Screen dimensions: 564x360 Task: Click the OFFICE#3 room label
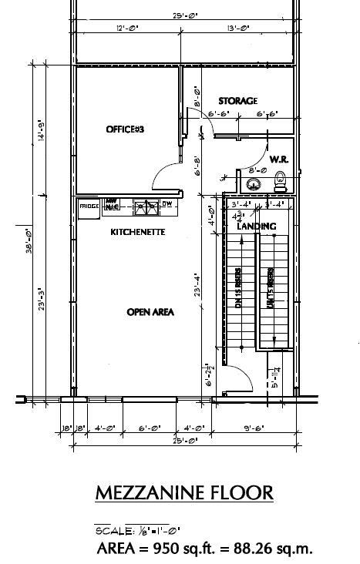[x=125, y=129]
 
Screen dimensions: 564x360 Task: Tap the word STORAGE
[x=237, y=102]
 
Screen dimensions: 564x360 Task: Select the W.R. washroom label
[x=279, y=159]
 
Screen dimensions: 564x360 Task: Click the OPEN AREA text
[x=150, y=312]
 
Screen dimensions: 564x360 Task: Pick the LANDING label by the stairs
[x=257, y=227]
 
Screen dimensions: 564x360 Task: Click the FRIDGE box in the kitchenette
[x=89, y=206]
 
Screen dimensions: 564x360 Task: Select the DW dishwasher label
[x=167, y=204]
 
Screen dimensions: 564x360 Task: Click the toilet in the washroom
[x=281, y=182]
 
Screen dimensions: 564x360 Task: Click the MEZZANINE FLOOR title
[x=183, y=493]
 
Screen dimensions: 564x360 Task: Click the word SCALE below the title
[x=112, y=531]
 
